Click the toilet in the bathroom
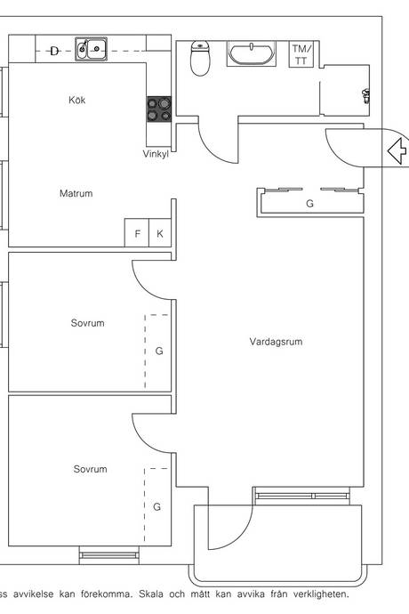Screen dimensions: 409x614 click(x=200, y=58)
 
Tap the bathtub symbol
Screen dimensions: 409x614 click(x=252, y=53)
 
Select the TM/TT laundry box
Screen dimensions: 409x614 click(x=301, y=54)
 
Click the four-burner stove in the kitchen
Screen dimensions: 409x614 click(x=159, y=109)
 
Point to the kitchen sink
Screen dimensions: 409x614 click(x=92, y=49)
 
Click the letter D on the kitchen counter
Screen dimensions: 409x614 click(x=54, y=51)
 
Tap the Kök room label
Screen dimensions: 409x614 click(x=76, y=100)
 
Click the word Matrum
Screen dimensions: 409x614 click(x=76, y=193)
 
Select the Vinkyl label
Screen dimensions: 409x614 click(x=156, y=154)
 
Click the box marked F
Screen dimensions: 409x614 click(x=137, y=233)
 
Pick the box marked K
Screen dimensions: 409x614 click(x=160, y=233)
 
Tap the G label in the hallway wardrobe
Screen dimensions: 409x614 click(x=309, y=203)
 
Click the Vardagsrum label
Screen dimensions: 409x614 click(x=276, y=342)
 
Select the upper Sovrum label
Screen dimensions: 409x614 click(x=87, y=323)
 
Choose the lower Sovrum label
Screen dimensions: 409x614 click(x=90, y=469)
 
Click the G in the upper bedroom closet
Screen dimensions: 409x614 click(x=159, y=351)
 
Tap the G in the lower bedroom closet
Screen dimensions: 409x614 click(x=156, y=506)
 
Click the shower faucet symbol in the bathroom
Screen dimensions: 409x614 click(x=366, y=95)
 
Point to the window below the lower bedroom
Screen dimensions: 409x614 click(x=109, y=555)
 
